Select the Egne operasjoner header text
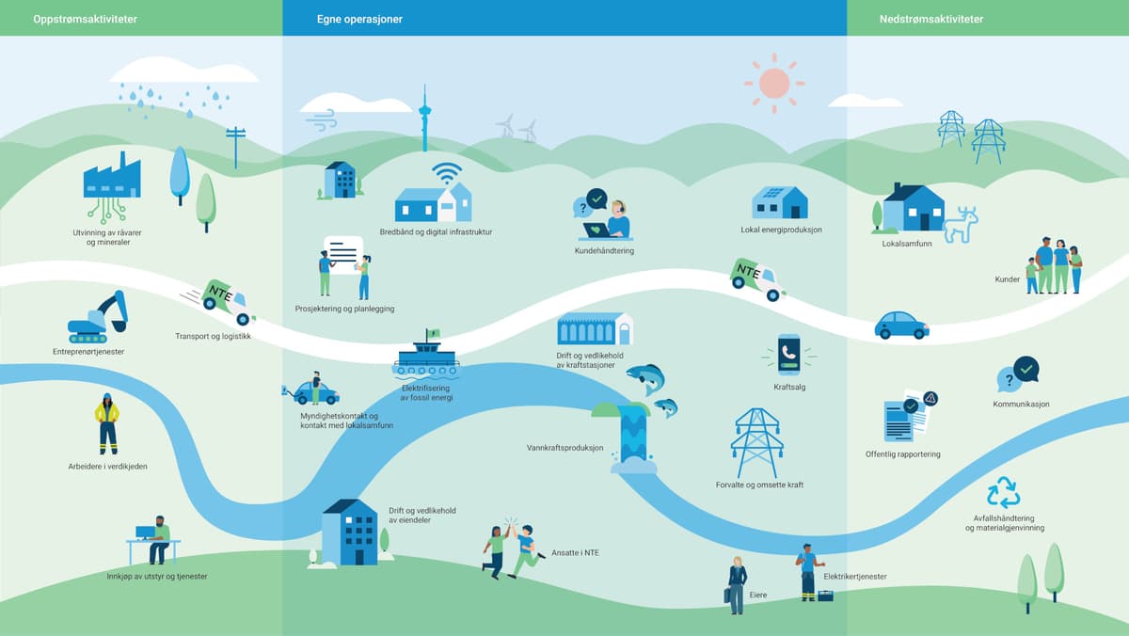tap(359, 19)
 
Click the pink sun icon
tap(774, 83)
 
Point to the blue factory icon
tap(111, 179)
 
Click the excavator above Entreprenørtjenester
tap(98, 317)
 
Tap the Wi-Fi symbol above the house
tap(447, 173)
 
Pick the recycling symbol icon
tap(1003, 493)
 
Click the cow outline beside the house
tap(961, 226)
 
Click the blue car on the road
tap(901, 325)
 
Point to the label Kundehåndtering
tap(604, 251)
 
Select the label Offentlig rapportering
tap(902, 454)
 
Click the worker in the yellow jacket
tap(107, 423)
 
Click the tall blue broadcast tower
tap(423, 119)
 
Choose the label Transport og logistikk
tap(214, 336)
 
